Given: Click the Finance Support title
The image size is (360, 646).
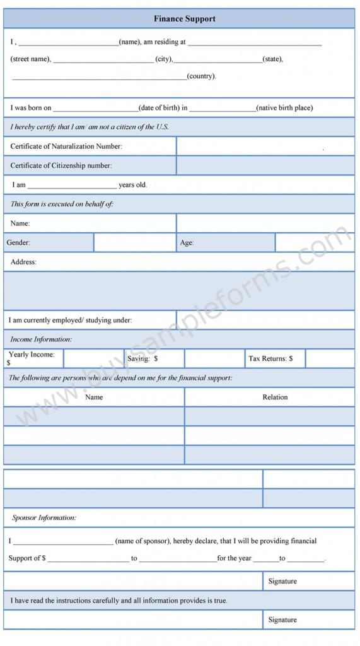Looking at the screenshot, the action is [x=184, y=19].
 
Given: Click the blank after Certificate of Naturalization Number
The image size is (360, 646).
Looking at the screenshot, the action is [x=265, y=146].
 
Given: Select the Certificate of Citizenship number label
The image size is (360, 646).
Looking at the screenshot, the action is [x=61, y=165].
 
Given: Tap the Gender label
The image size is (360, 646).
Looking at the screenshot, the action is [x=18, y=242].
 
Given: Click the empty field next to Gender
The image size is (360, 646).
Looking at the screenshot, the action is [x=135, y=242].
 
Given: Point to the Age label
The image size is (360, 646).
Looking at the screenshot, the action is [x=187, y=242].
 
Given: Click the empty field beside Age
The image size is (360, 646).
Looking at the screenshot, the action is [x=315, y=242].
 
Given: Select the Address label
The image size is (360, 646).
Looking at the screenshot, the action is [x=23, y=262].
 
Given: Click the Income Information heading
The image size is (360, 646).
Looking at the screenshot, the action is [x=41, y=339].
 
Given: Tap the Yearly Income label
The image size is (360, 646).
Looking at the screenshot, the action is [x=31, y=355].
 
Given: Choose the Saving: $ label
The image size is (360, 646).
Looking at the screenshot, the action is [x=142, y=358].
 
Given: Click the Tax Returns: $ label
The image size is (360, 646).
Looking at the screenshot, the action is [x=270, y=358].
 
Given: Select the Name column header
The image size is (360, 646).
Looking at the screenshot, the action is [x=94, y=397].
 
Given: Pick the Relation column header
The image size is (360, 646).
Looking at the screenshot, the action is [x=275, y=397].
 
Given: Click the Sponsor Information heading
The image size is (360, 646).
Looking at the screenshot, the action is [x=44, y=518].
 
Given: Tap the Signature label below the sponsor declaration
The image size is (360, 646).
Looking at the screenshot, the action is [x=282, y=581].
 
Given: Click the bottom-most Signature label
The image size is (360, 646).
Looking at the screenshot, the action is [x=282, y=620].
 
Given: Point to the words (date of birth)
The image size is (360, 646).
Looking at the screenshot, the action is [x=159, y=108].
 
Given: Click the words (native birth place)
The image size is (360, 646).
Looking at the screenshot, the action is [x=284, y=108].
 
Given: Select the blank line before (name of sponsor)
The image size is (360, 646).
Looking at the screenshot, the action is [x=63, y=541].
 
